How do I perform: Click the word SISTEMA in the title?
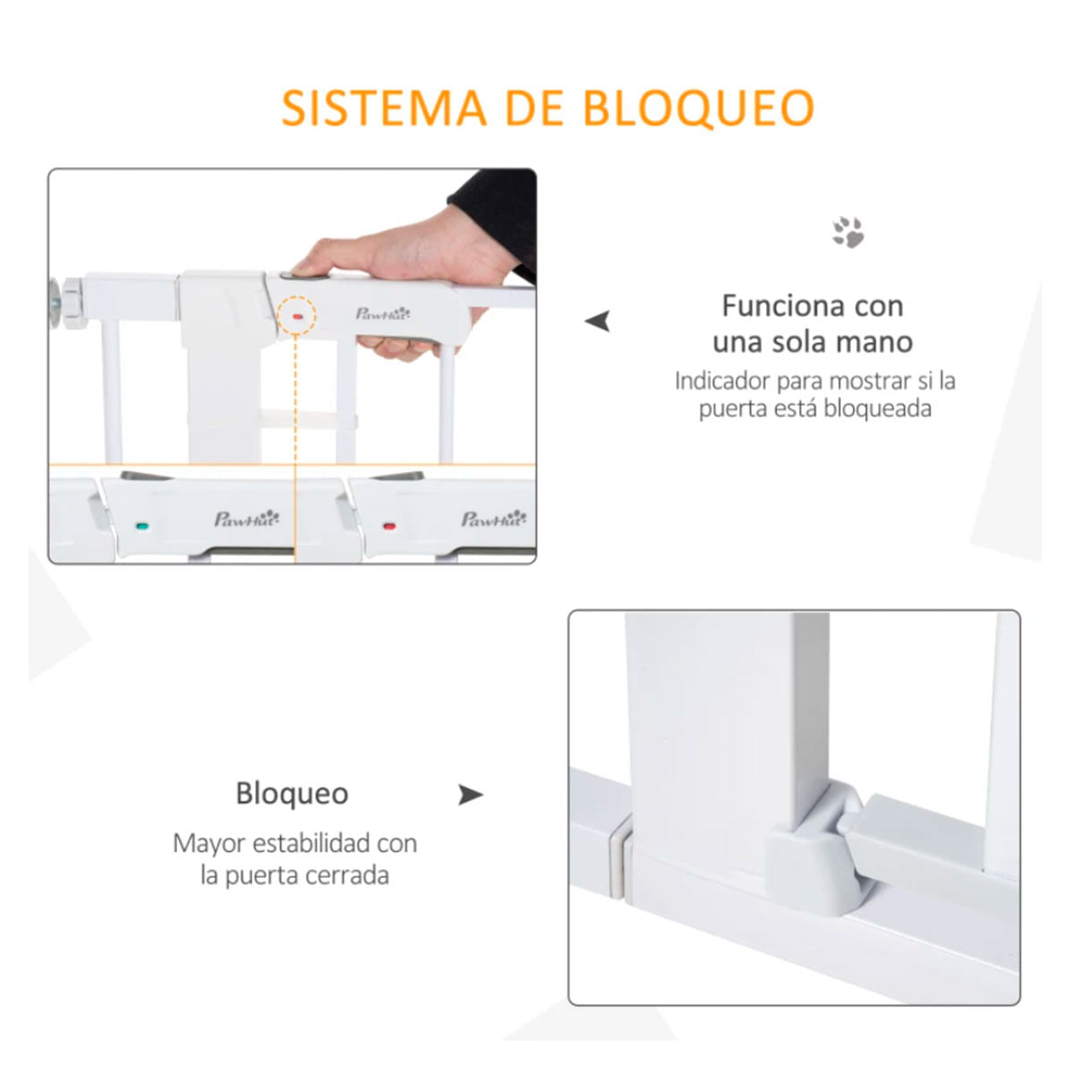point(384,107)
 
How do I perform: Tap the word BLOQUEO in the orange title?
point(698,108)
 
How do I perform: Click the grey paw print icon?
point(848,232)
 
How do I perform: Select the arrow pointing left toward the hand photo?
point(597,321)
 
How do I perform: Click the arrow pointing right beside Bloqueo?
point(471,795)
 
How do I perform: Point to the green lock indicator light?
point(142,525)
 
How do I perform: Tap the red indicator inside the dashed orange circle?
point(297,316)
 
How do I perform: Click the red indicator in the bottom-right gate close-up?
point(389,525)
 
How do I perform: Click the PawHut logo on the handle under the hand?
point(383,313)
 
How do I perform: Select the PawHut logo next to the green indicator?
point(247,518)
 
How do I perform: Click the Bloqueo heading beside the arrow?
point(292,793)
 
